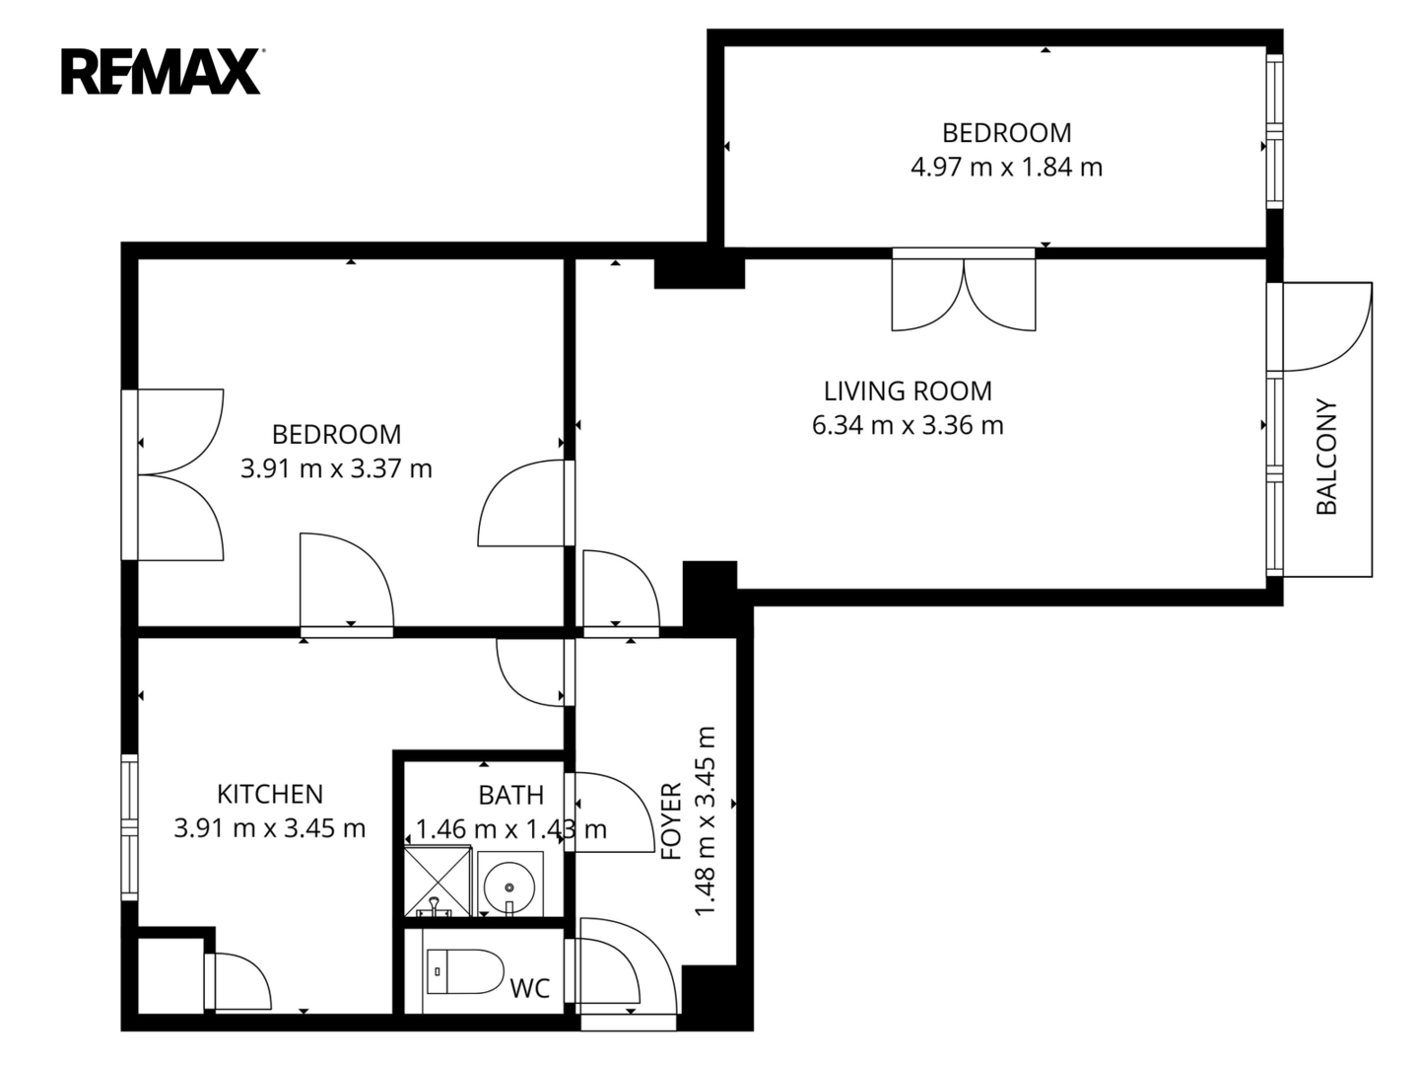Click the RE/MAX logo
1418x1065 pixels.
tap(162, 72)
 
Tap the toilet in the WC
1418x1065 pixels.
tap(465, 971)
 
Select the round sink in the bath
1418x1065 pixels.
tap(509, 887)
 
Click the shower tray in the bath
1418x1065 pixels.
tap(438, 883)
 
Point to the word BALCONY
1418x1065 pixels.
tap(1326, 457)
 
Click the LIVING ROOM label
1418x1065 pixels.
tap(908, 390)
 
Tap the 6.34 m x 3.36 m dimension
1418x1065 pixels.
tap(908, 426)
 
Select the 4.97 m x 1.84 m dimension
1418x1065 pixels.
tap(1006, 168)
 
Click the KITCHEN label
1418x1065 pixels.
tap(270, 794)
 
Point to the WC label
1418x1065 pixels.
tap(530, 988)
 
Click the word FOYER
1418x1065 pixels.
tap(672, 820)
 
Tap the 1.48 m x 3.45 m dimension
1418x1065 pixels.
tap(706, 821)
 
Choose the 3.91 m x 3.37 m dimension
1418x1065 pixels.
tap(337, 468)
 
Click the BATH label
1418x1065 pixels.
tap(511, 795)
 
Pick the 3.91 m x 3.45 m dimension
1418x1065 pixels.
tap(270, 828)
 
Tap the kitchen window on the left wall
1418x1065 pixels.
tap(130, 827)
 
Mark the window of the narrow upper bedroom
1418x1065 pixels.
tap(1274, 132)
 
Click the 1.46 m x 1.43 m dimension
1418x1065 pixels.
tap(511, 829)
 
